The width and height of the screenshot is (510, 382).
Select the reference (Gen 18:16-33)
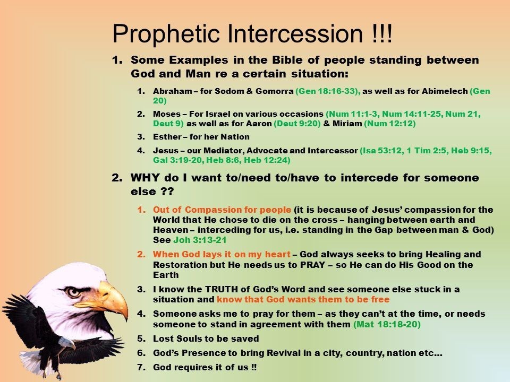(328, 91)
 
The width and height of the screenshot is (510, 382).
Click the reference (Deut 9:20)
(297, 124)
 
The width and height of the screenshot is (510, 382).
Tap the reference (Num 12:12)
(389, 124)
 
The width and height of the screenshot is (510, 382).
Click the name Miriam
(347, 124)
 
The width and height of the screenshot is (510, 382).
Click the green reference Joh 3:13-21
(200, 240)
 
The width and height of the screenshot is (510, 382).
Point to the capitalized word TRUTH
(218, 289)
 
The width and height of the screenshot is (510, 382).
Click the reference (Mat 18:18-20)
(387, 324)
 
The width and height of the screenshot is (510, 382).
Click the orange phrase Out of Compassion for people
(222, 210)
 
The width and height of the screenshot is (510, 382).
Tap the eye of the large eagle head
(73, 292)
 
